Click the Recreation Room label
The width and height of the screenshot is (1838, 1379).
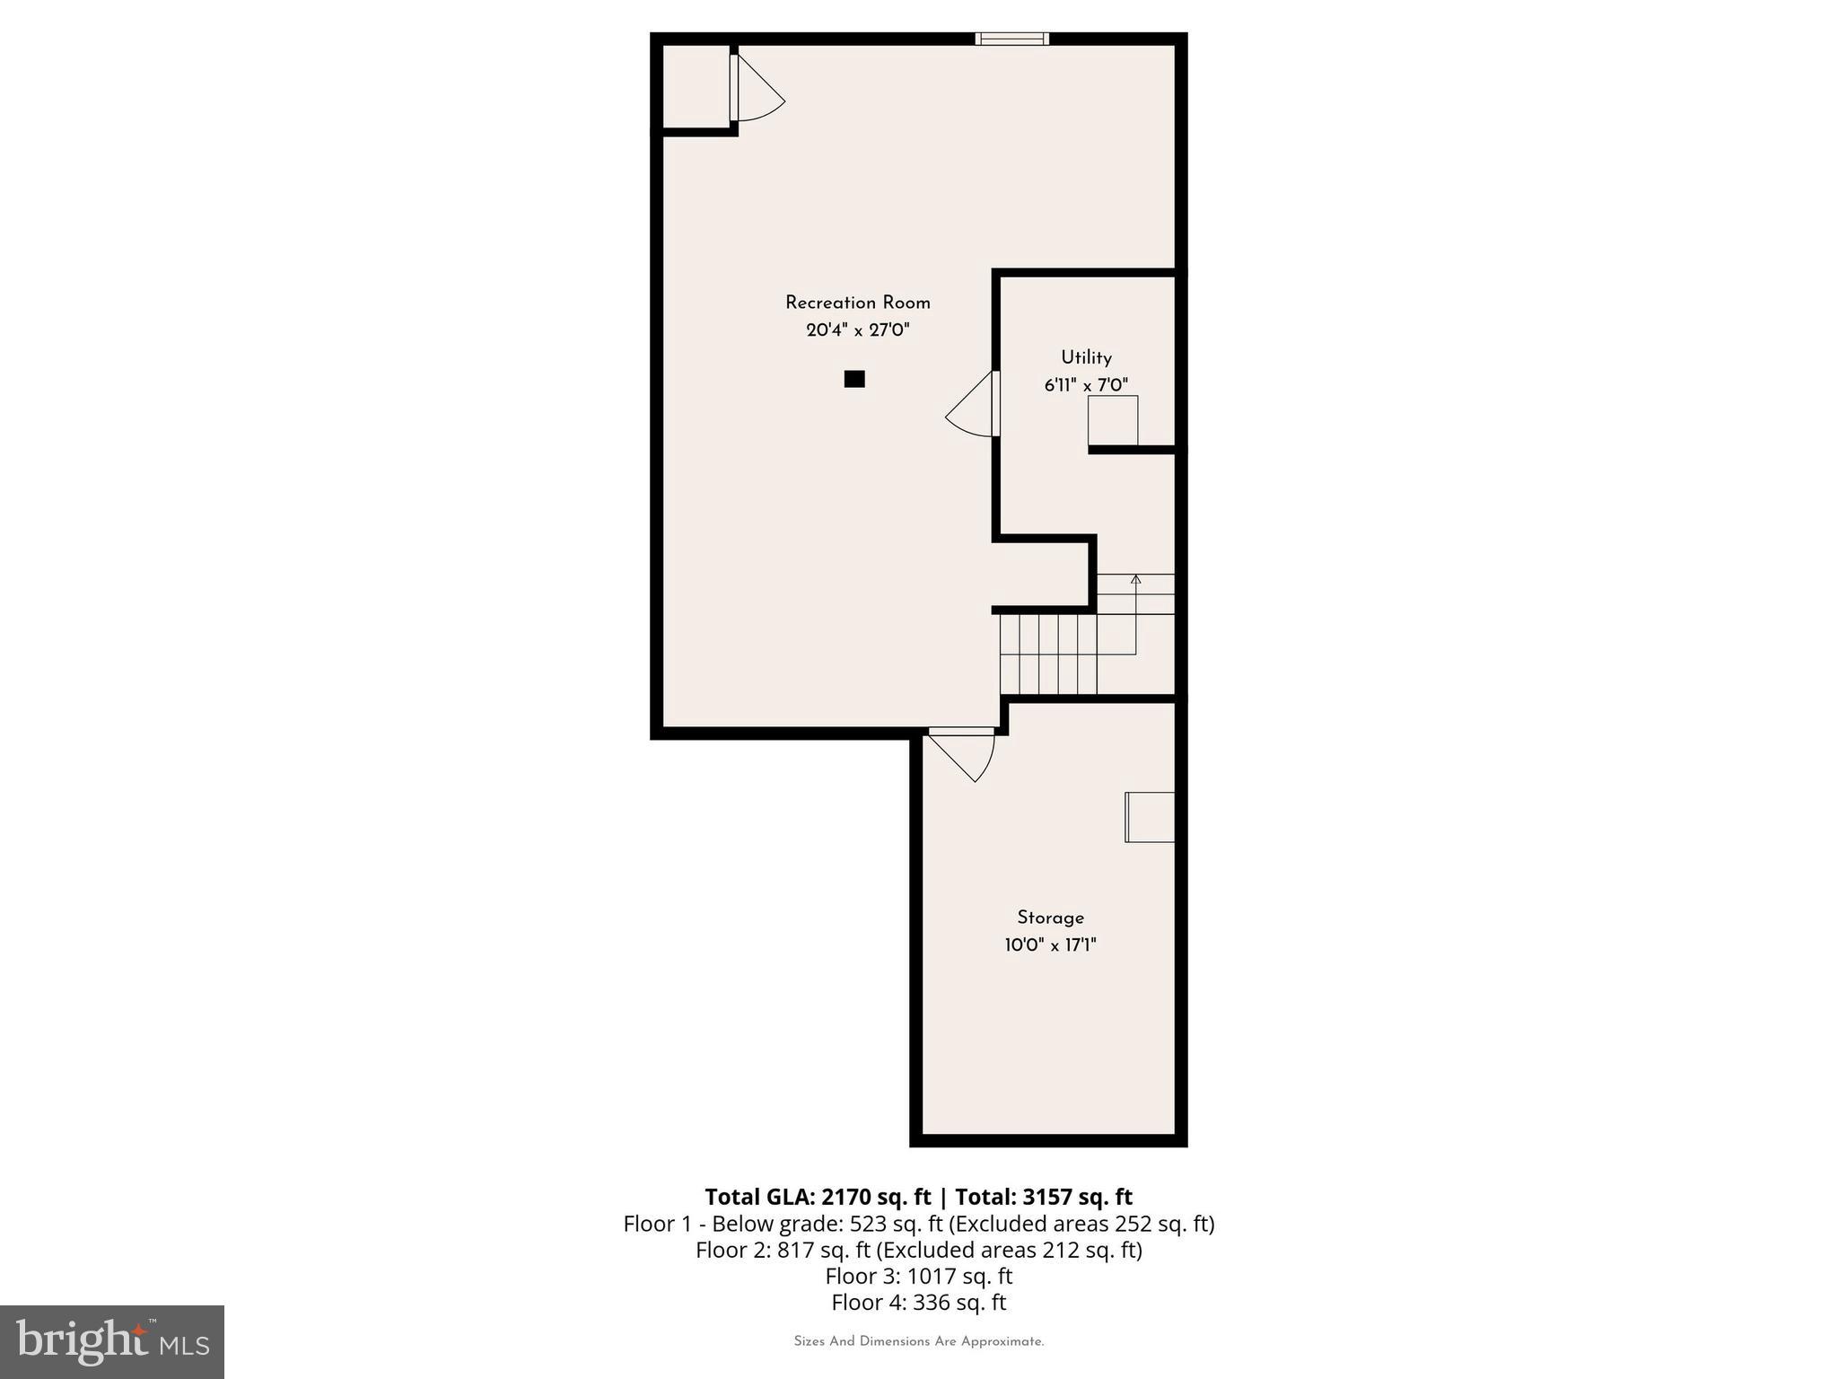[x=857, y=303]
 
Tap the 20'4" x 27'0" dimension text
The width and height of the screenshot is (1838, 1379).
[x=857, y=330]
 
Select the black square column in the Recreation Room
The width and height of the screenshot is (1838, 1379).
[x=854, y=379]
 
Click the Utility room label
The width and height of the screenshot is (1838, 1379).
[x=1086, y=357]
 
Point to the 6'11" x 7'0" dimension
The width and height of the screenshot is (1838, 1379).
[x=1086, y=385]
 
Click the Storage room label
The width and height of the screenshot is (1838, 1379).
[x=1050, y=918]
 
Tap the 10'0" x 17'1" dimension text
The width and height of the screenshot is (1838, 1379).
[x=1050, y=945]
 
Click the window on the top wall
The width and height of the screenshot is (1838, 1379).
[x=1011, y=39]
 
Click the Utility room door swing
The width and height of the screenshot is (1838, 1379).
[x=972, y=408]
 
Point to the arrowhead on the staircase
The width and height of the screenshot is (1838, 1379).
[x=1135, y=580]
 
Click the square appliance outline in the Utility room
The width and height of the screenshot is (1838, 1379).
[x=1113, y=420]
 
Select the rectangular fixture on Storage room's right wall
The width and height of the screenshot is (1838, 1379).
[x=1151, y=817]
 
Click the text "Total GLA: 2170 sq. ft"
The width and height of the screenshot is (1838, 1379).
[x=818, y=1197]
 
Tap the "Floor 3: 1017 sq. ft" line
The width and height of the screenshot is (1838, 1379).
[x=918, y=1276]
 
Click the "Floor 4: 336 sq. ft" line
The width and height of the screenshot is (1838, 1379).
[x=918, y=1302]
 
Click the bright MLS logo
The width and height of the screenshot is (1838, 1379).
[x=112, y=1341]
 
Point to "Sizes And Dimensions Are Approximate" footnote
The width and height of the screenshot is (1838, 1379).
[x=918, y=1341]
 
